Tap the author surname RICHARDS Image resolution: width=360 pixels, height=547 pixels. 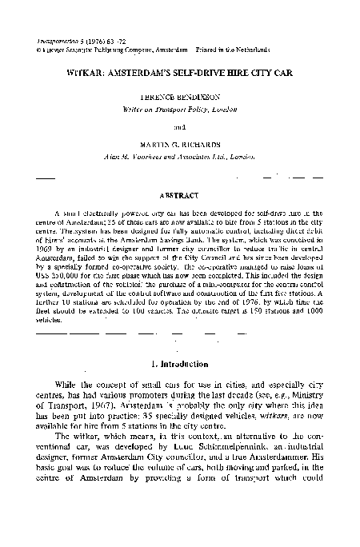click(202, 143)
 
